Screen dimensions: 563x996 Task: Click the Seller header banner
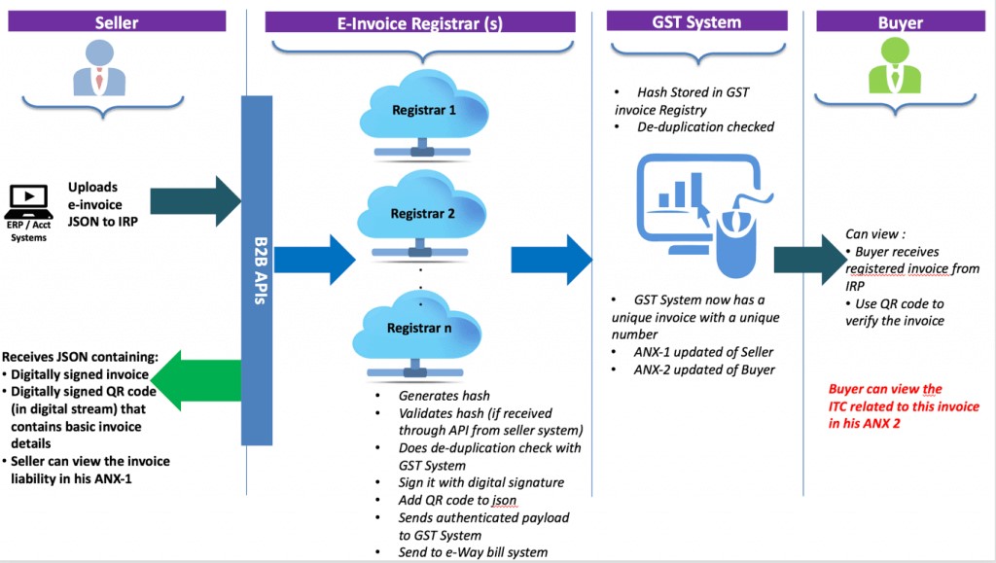pyautogui.click(x=117, y=20)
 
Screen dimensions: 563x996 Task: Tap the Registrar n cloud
pyautogui.click(x=420, y=328)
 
